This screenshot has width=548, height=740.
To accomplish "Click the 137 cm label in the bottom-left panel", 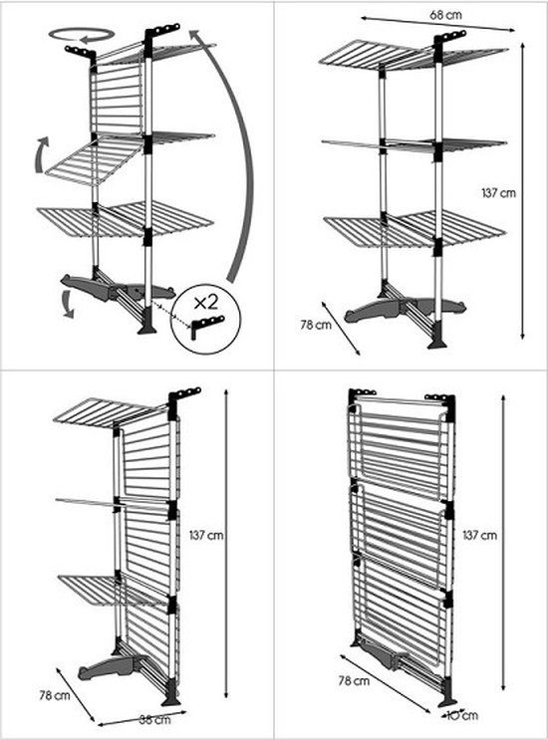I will pos(205,535).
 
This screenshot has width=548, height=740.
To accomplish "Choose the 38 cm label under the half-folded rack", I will pos(152,718).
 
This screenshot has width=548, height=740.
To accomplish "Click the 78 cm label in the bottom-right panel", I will pos(353,681).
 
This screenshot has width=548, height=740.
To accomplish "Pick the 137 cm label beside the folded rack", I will pos(480,535).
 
